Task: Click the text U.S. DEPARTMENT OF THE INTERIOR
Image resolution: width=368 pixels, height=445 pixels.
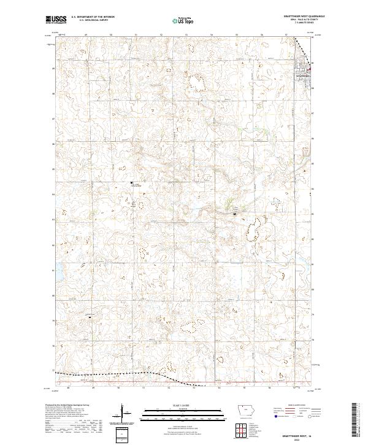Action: (x=93, y=17)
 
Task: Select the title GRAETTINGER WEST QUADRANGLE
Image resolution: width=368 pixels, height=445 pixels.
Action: (x=300, y=16)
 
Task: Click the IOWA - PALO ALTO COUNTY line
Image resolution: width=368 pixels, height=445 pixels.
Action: (x=300, y=20)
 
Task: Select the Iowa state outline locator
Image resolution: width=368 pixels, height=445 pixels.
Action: (x=248, y=411)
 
